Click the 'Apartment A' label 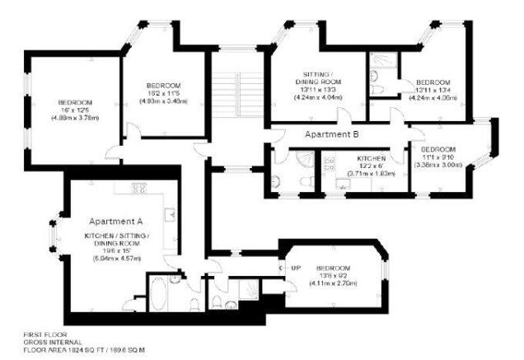pyautogui.click(x=116, y=221)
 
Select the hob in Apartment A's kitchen pyautogui.click(x=139, y=189)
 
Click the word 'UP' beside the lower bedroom pyautogui.click(x=296, y=269)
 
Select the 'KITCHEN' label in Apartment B pyautogui.click(x=371, y=157)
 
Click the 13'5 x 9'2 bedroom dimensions pyautogui.click(x=334, y=276)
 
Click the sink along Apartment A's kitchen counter pyautogui.click(x=171, y=217)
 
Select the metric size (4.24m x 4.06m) pyautogui.click(x=433, y=98)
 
